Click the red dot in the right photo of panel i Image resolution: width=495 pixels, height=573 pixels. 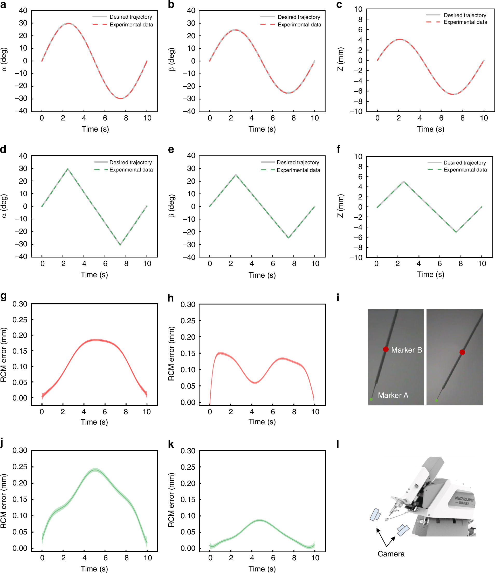coord(462,352)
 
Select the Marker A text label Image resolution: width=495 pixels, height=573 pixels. coord(393,395)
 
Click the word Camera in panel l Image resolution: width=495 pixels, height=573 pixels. coord(391,554)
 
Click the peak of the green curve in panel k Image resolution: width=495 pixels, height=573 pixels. coord(259,520)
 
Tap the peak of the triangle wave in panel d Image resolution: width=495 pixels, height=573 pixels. coord(68,169)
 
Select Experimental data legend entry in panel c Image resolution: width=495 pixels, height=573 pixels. coord(465,22)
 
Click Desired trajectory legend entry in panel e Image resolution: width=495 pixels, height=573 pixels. coord(298,162)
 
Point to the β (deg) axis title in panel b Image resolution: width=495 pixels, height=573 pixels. coord(172,60)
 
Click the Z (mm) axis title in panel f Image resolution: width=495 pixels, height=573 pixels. coord(340,206)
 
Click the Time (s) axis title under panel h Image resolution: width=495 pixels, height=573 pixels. coord(262,422)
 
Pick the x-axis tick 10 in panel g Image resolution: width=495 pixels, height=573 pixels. coord(147,412)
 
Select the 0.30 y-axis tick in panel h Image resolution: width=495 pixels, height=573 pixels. coord(188,304)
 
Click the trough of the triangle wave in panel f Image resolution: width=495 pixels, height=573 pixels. coord(456,232)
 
